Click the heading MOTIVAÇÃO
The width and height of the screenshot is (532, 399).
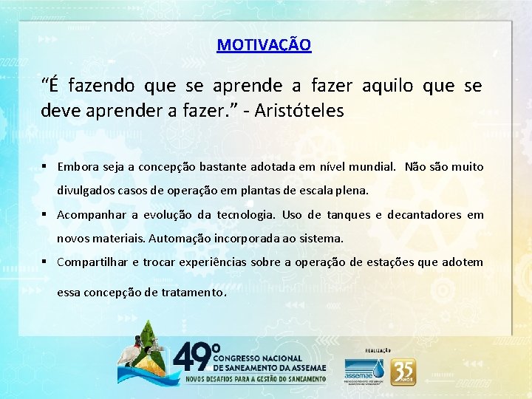(264, 45)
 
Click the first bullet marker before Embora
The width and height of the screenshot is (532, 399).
(46, 167)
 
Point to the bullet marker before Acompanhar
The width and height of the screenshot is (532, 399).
(46, 215)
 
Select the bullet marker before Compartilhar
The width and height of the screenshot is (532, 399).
(46, 262)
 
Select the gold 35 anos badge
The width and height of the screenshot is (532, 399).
(403, 371)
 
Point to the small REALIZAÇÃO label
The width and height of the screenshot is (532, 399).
(378, 350)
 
